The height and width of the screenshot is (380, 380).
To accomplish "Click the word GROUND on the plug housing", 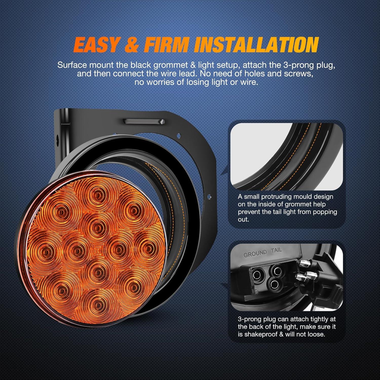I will click(x=255, y=253).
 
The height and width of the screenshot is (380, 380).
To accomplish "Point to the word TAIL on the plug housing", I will click(x=276, y=250).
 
